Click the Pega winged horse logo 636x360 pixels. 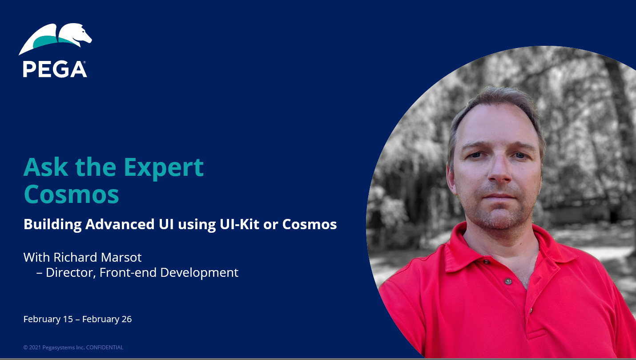(55, 39)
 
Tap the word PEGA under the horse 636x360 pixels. (55, 69)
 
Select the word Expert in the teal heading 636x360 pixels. (164, 169)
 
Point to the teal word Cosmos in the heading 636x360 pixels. (72, 194)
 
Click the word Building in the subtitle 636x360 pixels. (52, 224)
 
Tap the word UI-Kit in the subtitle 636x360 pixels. (239, 224)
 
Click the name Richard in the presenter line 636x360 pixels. (75, 257)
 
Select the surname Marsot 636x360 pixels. (121, 257)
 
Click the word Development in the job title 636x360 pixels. (199, 273)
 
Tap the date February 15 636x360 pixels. (48, 319)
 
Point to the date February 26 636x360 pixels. (107, 319)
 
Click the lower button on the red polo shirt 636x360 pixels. (508, 281)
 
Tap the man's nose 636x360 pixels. (500, 170)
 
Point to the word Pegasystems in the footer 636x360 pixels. (59, 348)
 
